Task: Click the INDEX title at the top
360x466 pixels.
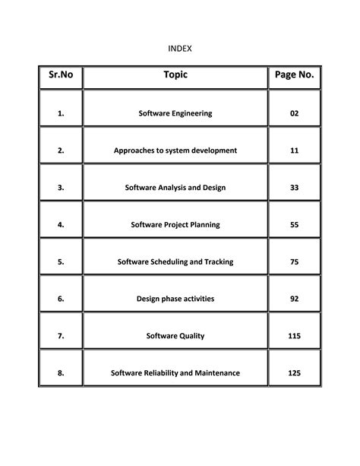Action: (179, 49)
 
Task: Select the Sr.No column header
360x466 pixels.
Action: (60, 76)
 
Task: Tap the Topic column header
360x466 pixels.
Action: (175, 75)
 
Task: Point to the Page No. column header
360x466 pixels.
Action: (295, 76)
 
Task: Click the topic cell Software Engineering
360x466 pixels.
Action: (175, 113)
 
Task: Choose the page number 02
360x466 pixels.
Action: (295, 113)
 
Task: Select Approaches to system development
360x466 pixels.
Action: (175, 151)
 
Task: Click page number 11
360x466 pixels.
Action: (295, 151)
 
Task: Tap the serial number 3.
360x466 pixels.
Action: (60, 188)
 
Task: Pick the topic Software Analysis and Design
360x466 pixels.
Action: (175, 188)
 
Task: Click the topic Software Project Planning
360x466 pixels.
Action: (175, 225)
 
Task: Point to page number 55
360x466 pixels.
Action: (295, 225)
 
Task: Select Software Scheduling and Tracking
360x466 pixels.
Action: (175, 262)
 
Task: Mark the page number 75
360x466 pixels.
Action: (295, 262)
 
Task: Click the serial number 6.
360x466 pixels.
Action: (60, 300)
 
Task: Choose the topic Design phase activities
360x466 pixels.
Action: (175, 300)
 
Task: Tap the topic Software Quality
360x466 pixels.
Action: (175, 336)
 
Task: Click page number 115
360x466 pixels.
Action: (295, 336)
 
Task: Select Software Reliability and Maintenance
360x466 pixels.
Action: (175, 373)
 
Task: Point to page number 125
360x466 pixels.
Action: (295, 373)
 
